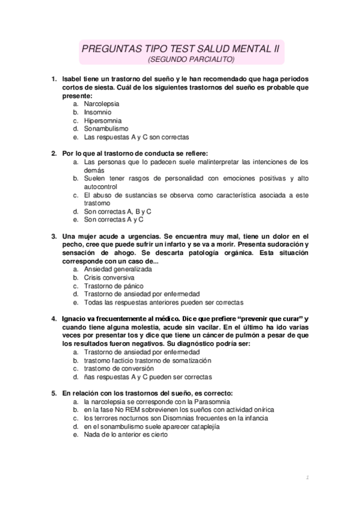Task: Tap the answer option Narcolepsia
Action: point(102,103)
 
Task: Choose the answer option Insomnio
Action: point(97,112)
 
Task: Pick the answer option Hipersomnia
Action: point(102,120)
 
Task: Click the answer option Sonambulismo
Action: point(106,129)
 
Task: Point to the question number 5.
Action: point(54,393)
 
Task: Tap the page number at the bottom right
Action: point(307,478)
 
